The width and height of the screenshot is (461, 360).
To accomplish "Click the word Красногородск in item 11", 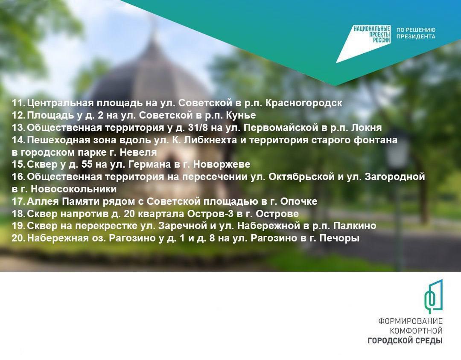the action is coord(304,103).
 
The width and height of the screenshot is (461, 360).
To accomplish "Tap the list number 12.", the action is coord(19,115).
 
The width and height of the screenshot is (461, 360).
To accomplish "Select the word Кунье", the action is coord(241,115).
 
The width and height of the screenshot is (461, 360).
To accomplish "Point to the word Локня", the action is coord(367,128).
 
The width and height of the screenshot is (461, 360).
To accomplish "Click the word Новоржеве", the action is coord(222,164).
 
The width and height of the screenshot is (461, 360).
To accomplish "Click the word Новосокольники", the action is coord(74,189).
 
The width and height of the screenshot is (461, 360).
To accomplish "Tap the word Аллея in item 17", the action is coord(43,201).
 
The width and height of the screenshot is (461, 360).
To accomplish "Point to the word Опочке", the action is coord(299,201).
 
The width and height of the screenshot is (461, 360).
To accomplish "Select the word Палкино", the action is coord(355,226).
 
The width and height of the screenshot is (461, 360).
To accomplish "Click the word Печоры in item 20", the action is coord(339,238).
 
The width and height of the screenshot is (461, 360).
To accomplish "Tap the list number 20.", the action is coord(19,238).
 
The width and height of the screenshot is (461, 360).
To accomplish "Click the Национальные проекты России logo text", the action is coord(372,35).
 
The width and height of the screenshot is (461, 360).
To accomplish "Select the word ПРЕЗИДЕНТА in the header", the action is coord(416,36).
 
